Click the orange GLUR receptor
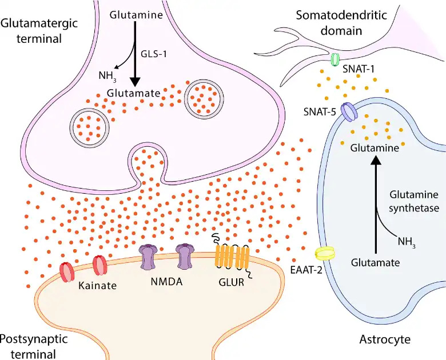232,255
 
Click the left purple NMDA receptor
148,257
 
